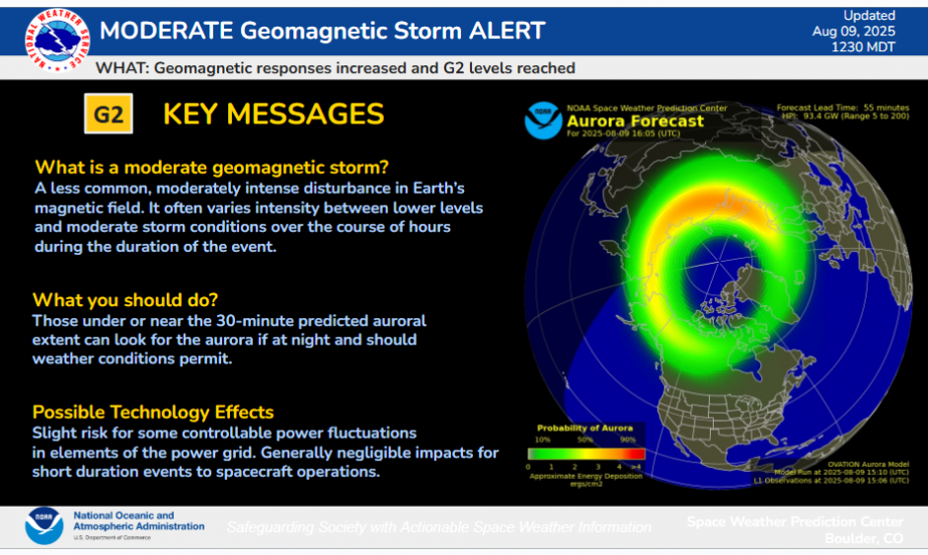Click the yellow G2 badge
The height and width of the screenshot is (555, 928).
click(108, 115)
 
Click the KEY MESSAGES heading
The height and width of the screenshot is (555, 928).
click(273, 114)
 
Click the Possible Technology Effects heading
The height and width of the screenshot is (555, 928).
click(153, 412)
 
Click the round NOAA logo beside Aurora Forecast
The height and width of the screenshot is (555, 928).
click(543, 120)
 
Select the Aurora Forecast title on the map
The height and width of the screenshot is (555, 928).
click(635, 120)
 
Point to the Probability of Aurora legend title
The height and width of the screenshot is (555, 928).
click(585, 428)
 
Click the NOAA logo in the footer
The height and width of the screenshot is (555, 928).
click(44, 525)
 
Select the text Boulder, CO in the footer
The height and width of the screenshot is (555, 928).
click(864, 538)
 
